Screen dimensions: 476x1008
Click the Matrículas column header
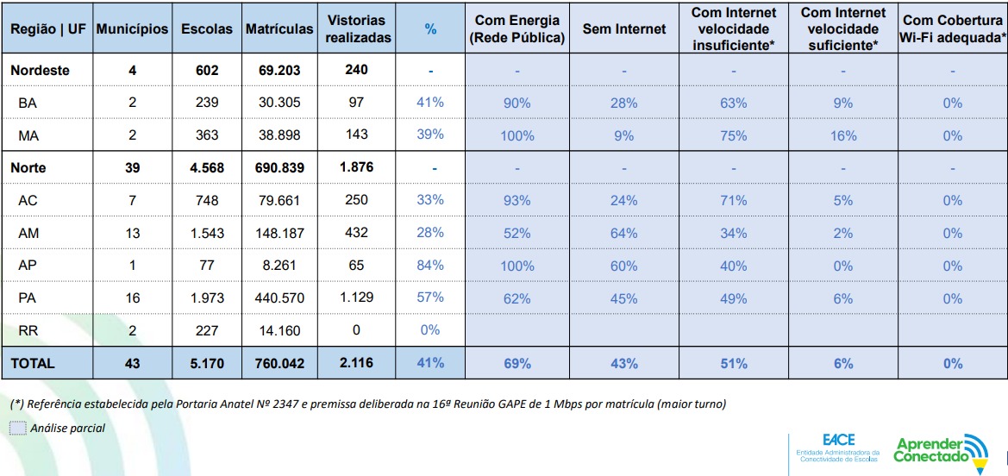[x=279, y=29]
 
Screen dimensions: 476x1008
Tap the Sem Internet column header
[x=624, y=29]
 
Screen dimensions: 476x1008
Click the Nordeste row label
[x=40, y=71]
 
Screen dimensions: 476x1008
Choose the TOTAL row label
[x=33, y=364]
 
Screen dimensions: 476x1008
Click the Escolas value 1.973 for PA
[x=207, y=298]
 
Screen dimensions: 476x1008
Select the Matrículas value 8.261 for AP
[x=279, y=266]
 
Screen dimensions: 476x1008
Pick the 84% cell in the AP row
[x=430, y=266]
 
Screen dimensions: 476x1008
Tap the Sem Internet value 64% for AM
[x=624, y=233]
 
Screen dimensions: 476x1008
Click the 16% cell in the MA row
[x=843, y=135]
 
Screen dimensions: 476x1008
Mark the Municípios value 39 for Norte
[x=132, y=168]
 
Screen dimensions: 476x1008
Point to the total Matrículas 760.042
[x=279, y=364]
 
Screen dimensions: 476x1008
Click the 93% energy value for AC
[x=517, y=201]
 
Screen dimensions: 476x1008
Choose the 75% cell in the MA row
[x=734, y=135]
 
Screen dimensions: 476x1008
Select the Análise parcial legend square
[x=18, y=429]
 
